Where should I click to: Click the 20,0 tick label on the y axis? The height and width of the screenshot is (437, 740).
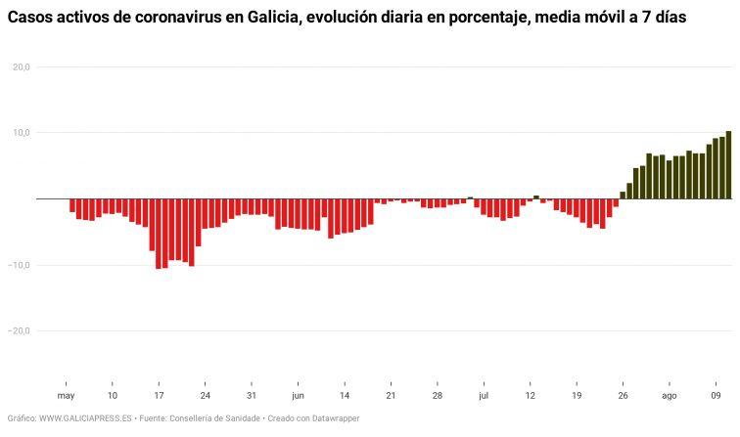tap(21, 66)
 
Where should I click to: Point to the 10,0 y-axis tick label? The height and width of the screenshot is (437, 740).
tap(21, 132)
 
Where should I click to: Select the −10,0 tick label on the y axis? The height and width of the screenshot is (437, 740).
tap(20, 265)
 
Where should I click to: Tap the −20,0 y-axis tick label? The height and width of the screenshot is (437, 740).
tap(20, 330)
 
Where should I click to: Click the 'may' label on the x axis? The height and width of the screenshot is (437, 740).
tap(66, 396)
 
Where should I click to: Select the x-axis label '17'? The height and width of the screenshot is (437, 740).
tap(159, 396)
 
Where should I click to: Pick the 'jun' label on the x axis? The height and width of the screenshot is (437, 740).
tap(298, 396)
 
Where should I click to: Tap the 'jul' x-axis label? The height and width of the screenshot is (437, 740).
tap(484, 396)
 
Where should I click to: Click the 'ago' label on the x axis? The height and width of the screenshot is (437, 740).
tap(669, 396)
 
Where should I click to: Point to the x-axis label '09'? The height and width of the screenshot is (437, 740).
tap(716, 396)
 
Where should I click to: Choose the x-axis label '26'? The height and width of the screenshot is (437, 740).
tap(623, 396)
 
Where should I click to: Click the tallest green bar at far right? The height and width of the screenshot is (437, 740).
tap(728, 165)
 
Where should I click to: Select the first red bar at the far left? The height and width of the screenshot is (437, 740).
tap(72, 205)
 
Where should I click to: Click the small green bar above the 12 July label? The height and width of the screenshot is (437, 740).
tap(535, 197)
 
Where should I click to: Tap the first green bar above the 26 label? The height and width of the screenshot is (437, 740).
tap(623, 195)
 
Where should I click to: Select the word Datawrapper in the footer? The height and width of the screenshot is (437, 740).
tap(334, 418)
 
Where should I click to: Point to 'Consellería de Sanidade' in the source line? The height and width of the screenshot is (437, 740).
tap(214, 418)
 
